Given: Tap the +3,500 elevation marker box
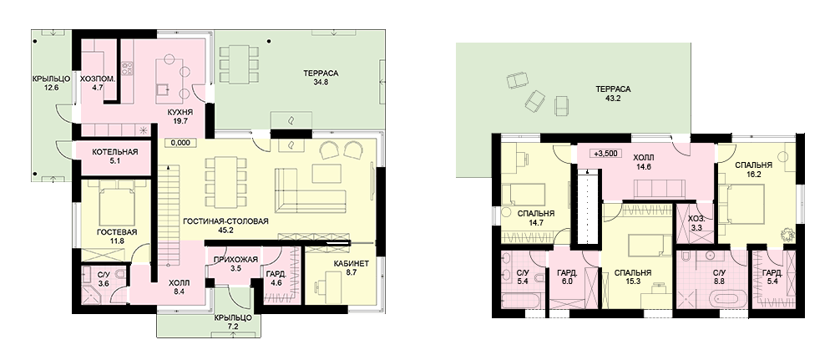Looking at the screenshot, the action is (605, 154).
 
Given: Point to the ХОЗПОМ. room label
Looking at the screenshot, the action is (99, 79).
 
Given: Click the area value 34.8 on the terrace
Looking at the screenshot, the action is (321, 82).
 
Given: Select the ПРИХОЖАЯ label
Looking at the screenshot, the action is (235, 259).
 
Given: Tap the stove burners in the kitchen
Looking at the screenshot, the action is (127, 68).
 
